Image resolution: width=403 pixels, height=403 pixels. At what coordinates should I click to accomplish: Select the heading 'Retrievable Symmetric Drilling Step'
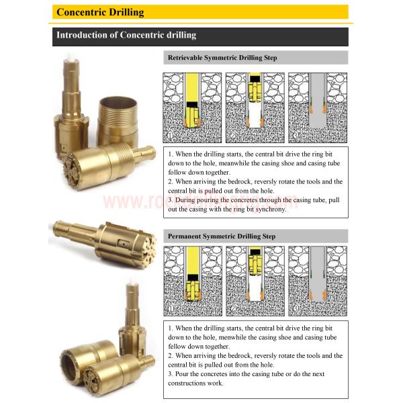pyautogui.click(x=222, y=58)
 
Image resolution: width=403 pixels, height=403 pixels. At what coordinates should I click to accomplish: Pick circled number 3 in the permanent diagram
pyautogui.click(x=296, y=310)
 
